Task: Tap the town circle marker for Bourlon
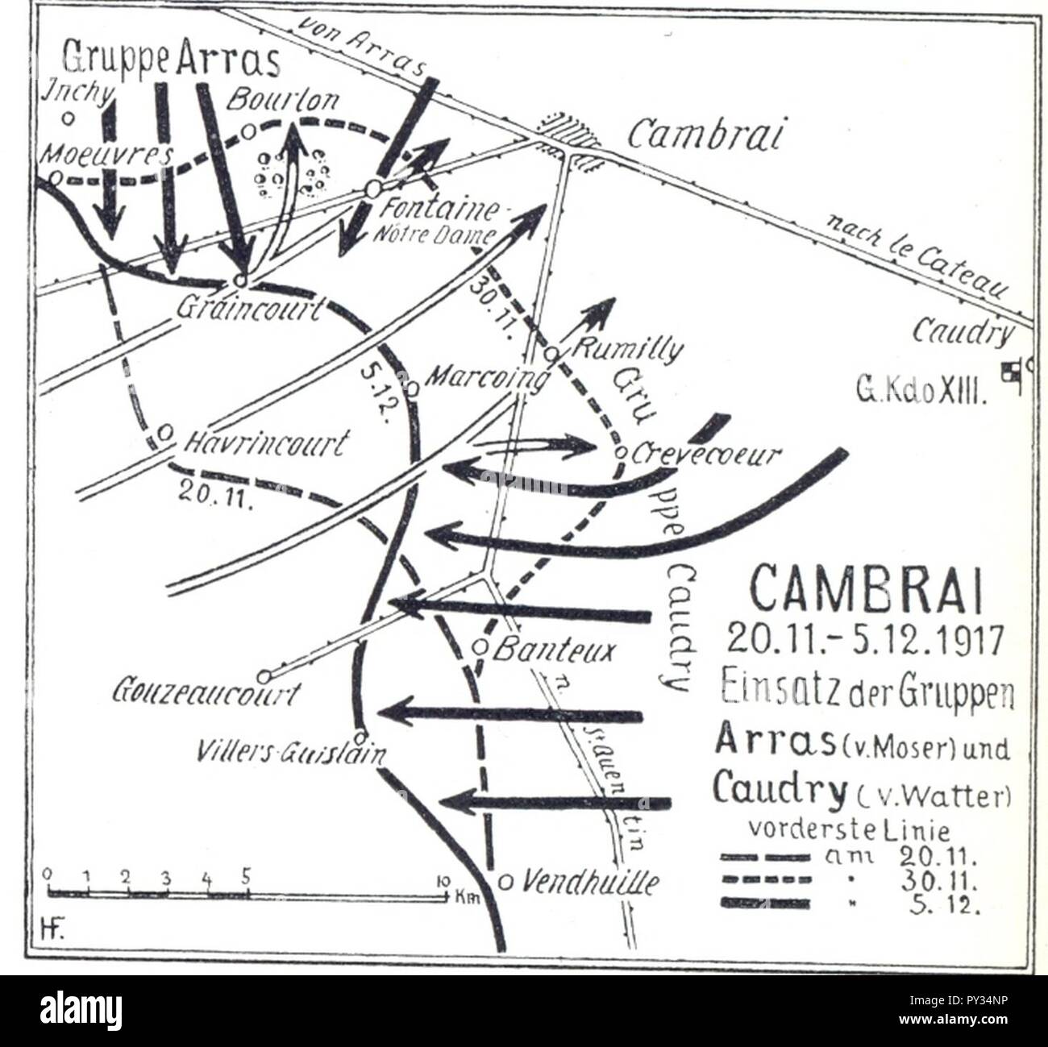pyautogui.click(x=249, y=129)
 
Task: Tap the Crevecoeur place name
pyautogui.click(x=706, y=455)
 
